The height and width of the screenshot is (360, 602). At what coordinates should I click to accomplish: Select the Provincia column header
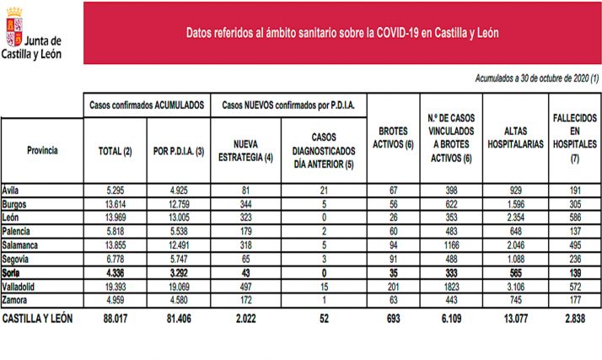pos(42,150)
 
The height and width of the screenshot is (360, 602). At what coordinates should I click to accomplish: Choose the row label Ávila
pos(13,191)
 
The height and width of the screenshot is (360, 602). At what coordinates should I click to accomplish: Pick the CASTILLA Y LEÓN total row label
pos(40,319)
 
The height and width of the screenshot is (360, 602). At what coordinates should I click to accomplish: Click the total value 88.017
pos(116,319)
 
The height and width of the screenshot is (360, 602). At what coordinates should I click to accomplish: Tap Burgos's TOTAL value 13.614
pos(116,203)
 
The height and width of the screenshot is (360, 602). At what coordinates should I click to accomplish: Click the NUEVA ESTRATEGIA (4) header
pos(247,150)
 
